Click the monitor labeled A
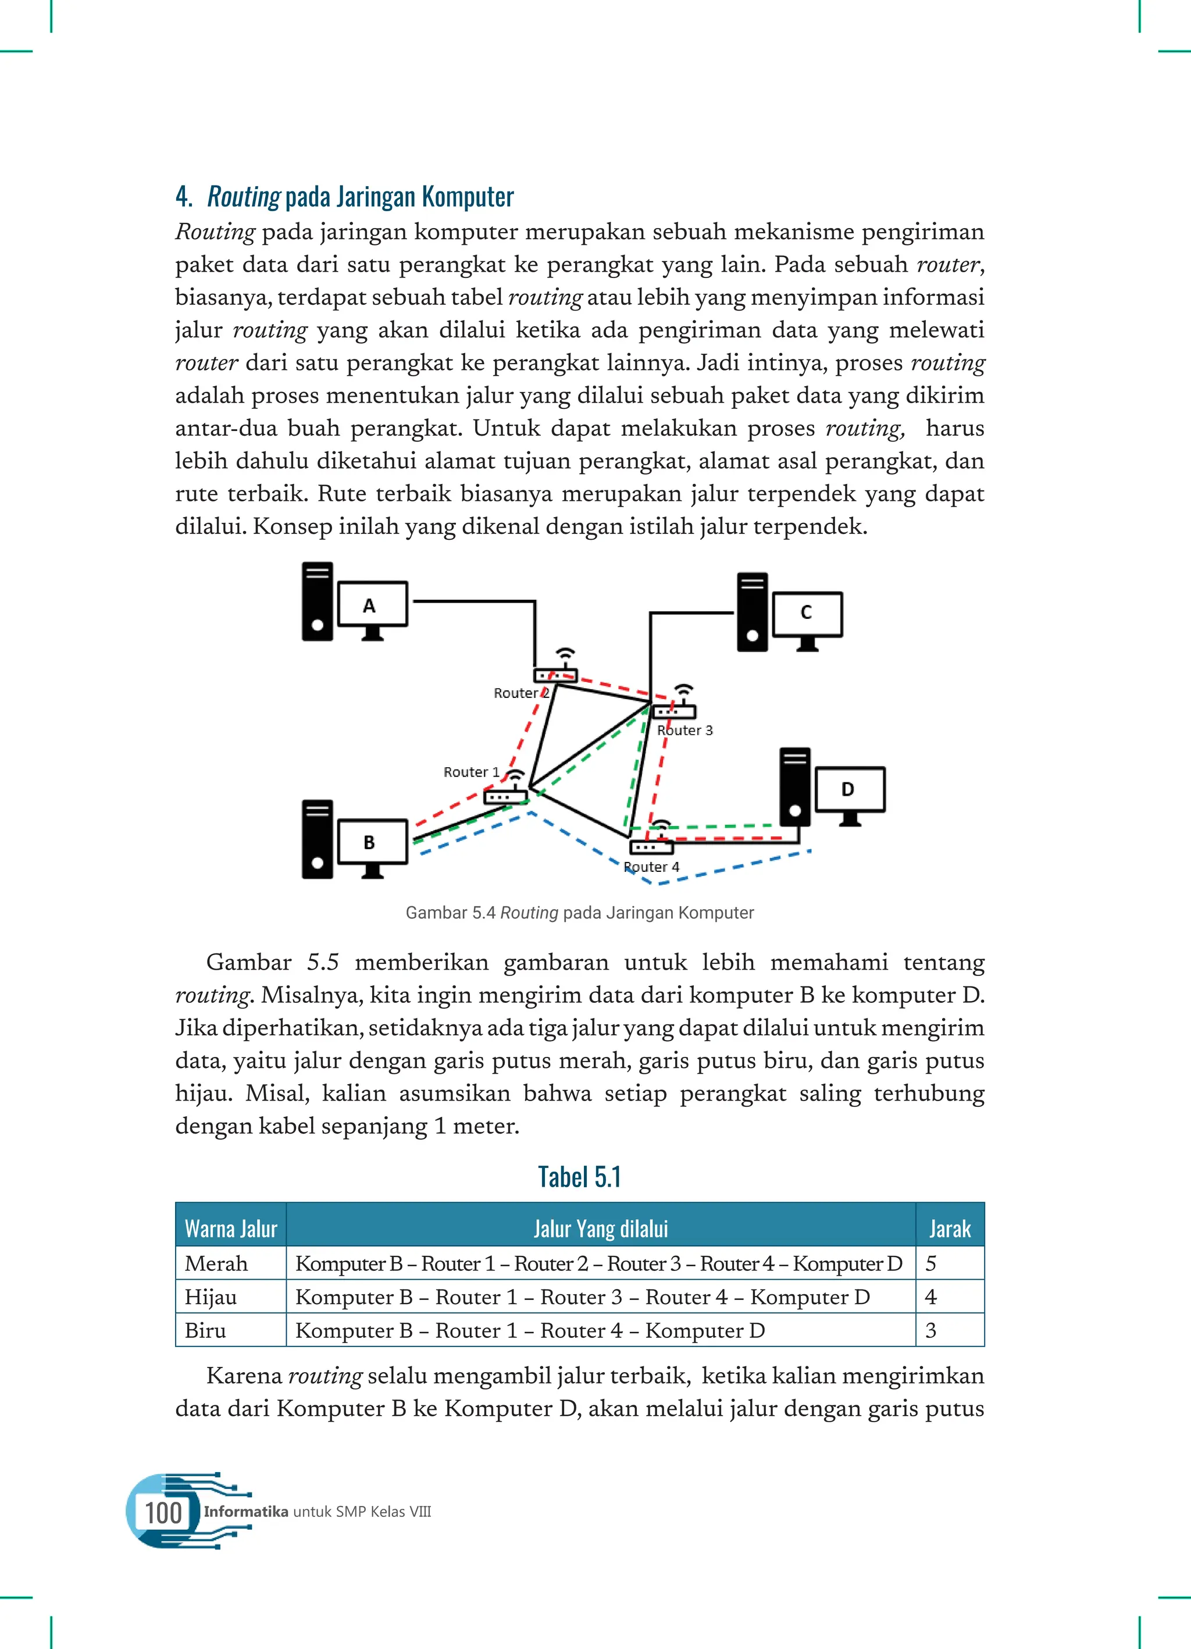373,604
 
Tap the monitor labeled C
807,614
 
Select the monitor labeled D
849,790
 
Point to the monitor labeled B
372,842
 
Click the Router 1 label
471,772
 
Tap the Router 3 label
685,730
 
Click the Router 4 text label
651,867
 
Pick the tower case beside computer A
318,601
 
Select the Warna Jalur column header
230,1228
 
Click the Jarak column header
949,1228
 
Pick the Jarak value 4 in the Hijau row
930,1297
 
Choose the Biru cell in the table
206,1331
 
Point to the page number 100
163,1513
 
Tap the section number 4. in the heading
183,197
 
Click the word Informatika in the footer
246,1512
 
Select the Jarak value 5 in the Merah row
930,1263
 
